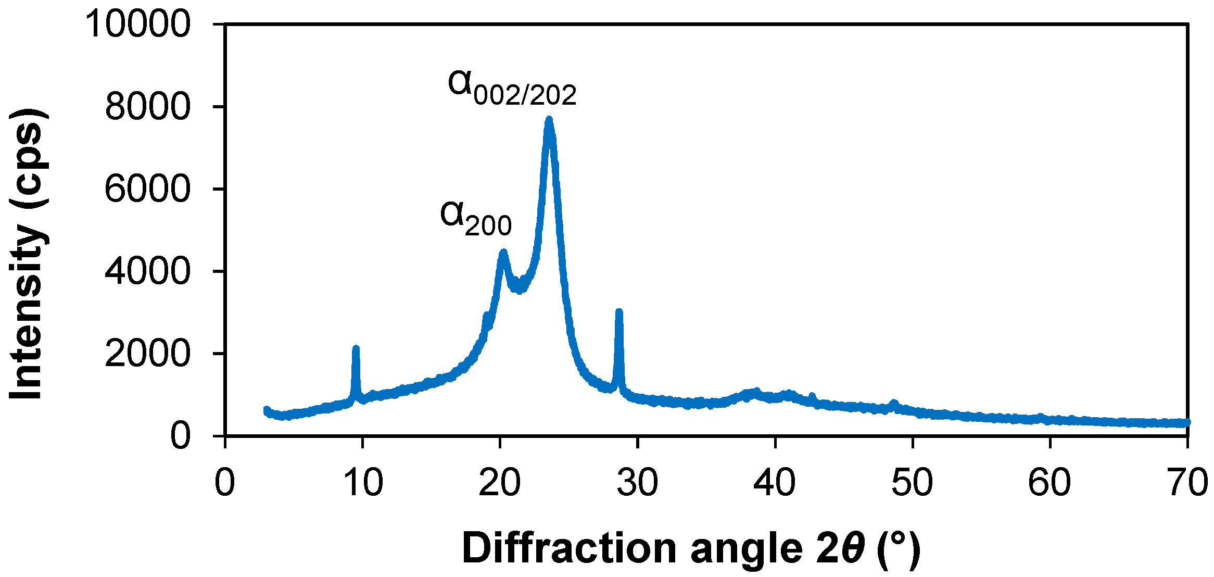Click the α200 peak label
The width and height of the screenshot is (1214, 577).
tap(476, 219)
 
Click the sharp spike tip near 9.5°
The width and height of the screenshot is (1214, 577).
tap(356, 348)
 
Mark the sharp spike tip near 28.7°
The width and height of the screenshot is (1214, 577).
tap(619, 312)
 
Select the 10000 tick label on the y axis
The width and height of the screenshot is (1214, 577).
tap(138, 24)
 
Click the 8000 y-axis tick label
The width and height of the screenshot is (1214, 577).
tap(147, 107)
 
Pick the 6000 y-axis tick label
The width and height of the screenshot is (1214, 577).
tap(147, 189)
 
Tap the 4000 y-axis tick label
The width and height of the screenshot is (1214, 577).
tap(147, 271)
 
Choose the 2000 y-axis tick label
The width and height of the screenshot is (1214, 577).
tap(147, 354)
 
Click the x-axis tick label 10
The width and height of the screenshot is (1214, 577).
tap(363, 482)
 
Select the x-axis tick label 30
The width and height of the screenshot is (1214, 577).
tap(637, 482)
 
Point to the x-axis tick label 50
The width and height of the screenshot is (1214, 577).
tap(912, 482)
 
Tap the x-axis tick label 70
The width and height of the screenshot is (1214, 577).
tap(1187, 482)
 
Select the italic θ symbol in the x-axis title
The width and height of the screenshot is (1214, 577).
tap(853, 548)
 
